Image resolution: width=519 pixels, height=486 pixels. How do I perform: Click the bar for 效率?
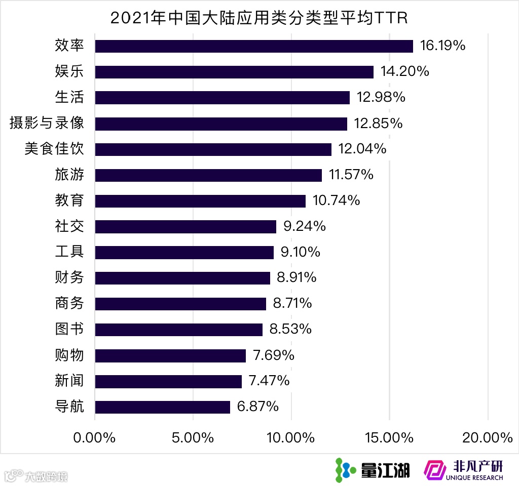[253, 46]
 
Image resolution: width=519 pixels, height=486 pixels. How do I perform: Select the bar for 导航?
[162, 407]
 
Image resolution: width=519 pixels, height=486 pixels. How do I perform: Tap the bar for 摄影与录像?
[221, 124]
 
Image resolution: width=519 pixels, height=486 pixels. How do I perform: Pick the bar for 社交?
[186, 227]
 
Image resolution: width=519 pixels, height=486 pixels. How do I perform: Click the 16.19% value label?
[442, 46]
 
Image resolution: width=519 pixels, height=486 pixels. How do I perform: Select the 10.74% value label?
[336, 201]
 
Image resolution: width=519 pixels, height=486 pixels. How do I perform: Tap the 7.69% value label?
[274, 355]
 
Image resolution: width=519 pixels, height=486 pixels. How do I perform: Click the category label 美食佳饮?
[54, 149]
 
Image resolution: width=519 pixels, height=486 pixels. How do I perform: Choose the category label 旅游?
[69, 175]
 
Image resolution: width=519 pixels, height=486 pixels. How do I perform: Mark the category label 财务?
[69, 278]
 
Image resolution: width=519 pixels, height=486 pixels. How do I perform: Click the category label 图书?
[69, 330]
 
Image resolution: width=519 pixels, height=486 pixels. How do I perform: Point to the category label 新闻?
[69, 381]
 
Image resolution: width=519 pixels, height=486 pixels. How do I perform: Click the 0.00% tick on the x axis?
[94, 438]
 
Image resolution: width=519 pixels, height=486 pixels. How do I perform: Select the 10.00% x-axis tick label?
[291, 438]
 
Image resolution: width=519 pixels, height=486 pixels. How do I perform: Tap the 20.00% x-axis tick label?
[488, 438]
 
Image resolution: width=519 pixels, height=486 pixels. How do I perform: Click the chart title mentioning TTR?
[259, 18]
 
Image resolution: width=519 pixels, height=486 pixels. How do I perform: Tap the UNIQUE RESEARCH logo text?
[474, 477]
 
